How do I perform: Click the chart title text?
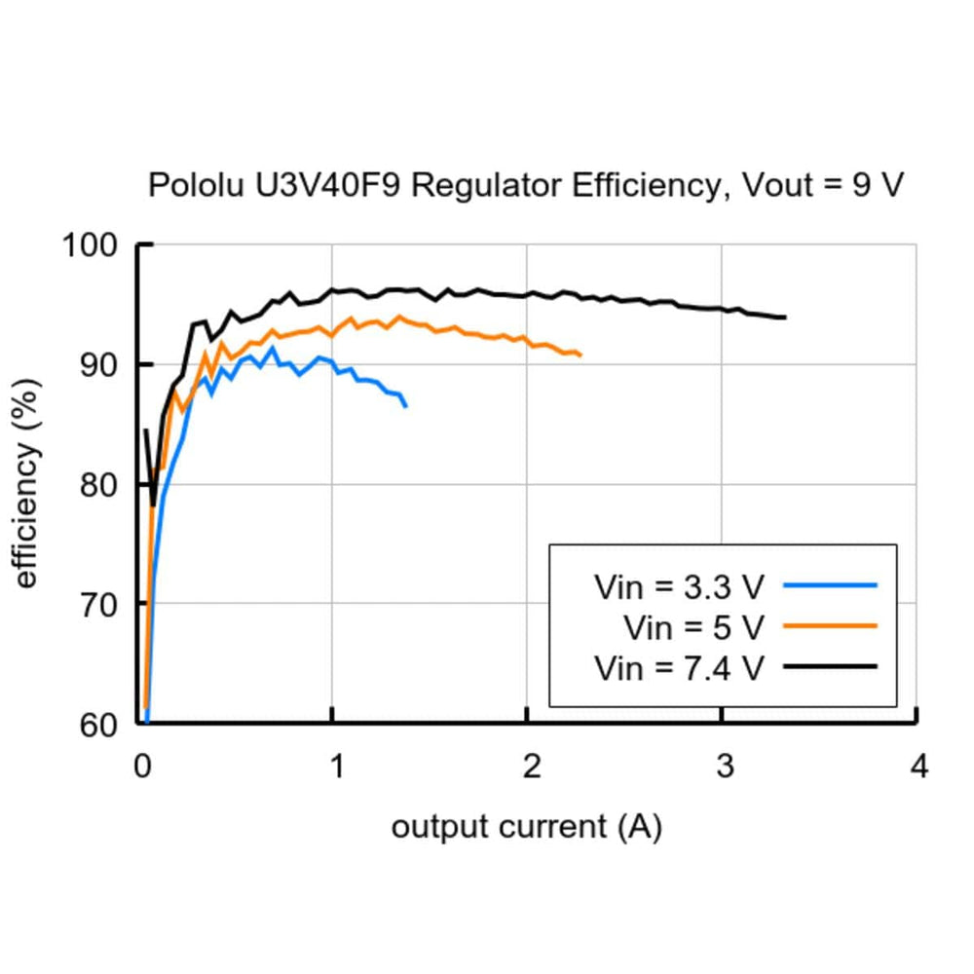526,184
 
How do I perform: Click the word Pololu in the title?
192,184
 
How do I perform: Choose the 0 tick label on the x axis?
141,767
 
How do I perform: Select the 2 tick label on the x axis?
528,767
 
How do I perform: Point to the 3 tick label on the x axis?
723,767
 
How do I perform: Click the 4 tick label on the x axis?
918,767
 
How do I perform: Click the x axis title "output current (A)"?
526,828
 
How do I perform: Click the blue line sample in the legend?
830,585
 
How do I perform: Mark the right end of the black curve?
784,318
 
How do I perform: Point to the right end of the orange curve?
581,355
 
